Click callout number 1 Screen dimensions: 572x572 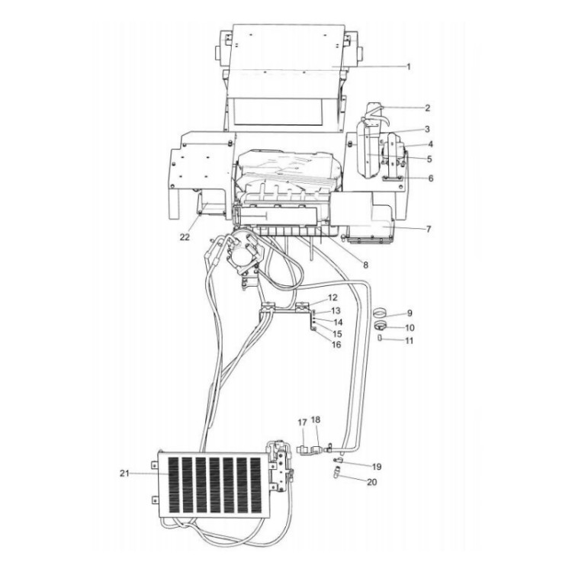tap(408, 67)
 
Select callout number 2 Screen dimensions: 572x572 tap(428, 108)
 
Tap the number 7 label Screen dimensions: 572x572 tap(428, 228)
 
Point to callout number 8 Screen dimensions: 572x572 tap(365, 265)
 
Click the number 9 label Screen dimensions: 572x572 tap(409, 313)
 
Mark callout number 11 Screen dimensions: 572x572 tap(409, 340)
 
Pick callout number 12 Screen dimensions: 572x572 tap(332, 297)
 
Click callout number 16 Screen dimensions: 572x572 tap(336, 345)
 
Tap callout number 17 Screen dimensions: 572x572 tap(301, 421)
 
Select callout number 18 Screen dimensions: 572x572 tap(317, 421)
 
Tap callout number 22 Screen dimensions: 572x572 tap(184, 236)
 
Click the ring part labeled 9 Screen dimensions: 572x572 tap(381, 313)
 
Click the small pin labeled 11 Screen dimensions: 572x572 tap(380, 338)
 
